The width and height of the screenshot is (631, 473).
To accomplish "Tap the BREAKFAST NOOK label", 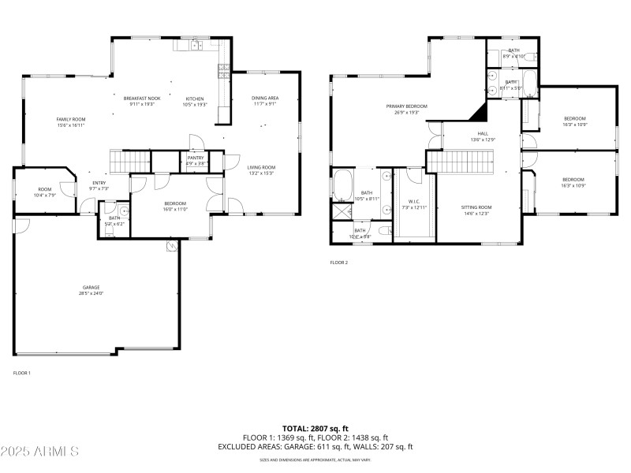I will [142, 99].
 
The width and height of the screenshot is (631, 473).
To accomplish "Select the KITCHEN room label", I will [194, 99].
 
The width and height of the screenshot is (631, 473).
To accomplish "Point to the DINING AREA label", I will [265, 98].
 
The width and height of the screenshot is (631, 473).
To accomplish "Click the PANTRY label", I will [196, 158].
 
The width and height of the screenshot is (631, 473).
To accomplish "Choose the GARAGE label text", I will [91, 287].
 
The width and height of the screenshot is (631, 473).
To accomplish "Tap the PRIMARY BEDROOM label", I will [406, 106].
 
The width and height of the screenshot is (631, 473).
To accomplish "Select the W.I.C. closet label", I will [413, 201].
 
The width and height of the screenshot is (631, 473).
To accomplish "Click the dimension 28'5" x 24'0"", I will [91, 293].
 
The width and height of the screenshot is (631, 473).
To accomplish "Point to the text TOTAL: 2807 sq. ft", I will [315, 428].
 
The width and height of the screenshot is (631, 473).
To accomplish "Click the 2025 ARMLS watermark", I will [39, 452].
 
